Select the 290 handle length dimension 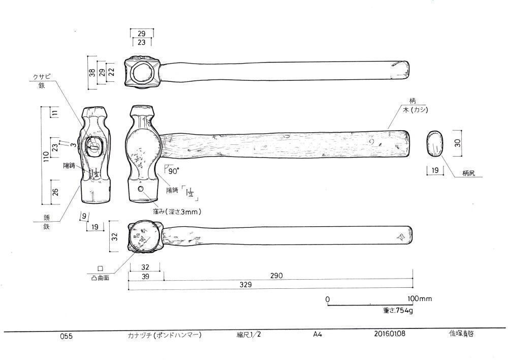tap(276, 276)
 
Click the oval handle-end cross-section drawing tap(434, 143)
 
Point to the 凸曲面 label tap(100, 278)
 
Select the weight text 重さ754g tap(398, 309)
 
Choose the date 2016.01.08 tap(389, 335)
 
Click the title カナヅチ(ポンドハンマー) tap(165, 336)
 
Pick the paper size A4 tap(317, 335)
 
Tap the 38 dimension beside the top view tap(92, 72)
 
